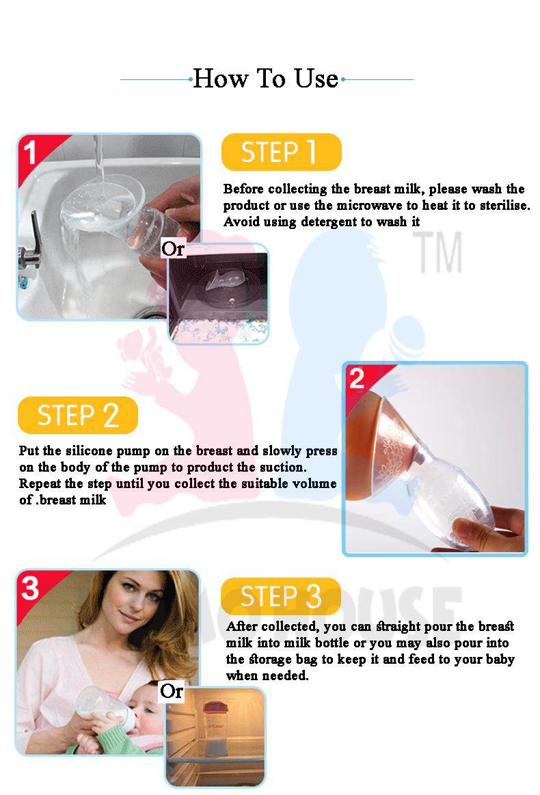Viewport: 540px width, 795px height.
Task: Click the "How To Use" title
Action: (265, 79)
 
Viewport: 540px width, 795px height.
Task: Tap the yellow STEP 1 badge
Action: (282, 152)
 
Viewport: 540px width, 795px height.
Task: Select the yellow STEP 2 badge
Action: (77, 415)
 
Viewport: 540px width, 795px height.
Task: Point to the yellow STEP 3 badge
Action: (281, 596)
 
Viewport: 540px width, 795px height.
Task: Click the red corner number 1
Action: (31, 153)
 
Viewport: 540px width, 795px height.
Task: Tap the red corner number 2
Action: (357, 378)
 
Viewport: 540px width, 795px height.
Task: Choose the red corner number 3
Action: (30, 589)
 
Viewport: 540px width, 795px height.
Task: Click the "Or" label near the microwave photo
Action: (173, 249)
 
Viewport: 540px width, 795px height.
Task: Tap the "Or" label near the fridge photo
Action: (172, 691)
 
